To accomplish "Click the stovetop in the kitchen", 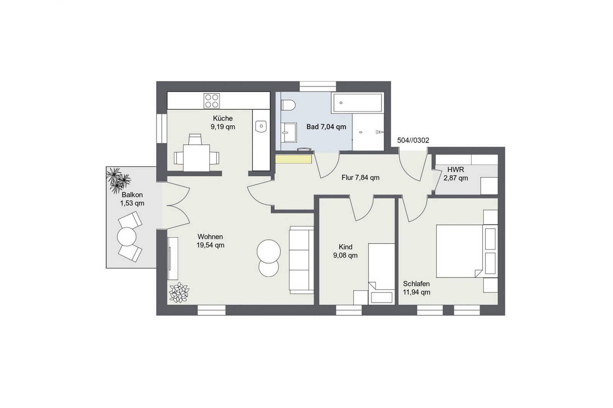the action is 211,101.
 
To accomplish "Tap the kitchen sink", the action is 261,126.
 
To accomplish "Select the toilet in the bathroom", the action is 288,105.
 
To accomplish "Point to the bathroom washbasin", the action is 289,133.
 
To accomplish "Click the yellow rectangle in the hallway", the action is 293,159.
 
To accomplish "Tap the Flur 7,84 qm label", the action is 361,178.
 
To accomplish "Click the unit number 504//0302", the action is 413,140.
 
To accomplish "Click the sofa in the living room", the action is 301,260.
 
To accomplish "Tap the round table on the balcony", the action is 127,236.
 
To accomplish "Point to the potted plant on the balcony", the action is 118,180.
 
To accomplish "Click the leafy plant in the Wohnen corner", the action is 179,293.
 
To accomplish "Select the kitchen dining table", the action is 197,158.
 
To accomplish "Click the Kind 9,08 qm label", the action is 345,251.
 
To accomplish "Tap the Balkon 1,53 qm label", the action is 132,199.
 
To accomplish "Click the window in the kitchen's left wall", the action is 162,128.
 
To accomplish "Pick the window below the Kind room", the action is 349,310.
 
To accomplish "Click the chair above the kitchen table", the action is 195,139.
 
